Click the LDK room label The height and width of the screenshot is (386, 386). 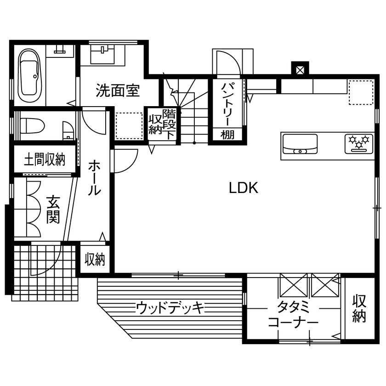pyautogui.click(x=244, y=187)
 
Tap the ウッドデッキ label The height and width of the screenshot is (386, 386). pyautogui.click(x=170, y=307)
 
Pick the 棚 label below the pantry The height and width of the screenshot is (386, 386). pyautogui.click(x=227, y=135)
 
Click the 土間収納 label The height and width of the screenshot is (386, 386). pyautogui.click(x=44, y=159)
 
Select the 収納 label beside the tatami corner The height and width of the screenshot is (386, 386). pyautogui.click(x=359, y=308)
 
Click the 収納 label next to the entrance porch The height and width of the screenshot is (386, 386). pyautogui.click(x=95, y=260)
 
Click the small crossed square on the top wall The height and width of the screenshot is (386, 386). pyautogui.click(x=300, y=70)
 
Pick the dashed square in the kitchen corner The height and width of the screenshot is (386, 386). pyautogui.click(x=360, y=92)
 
